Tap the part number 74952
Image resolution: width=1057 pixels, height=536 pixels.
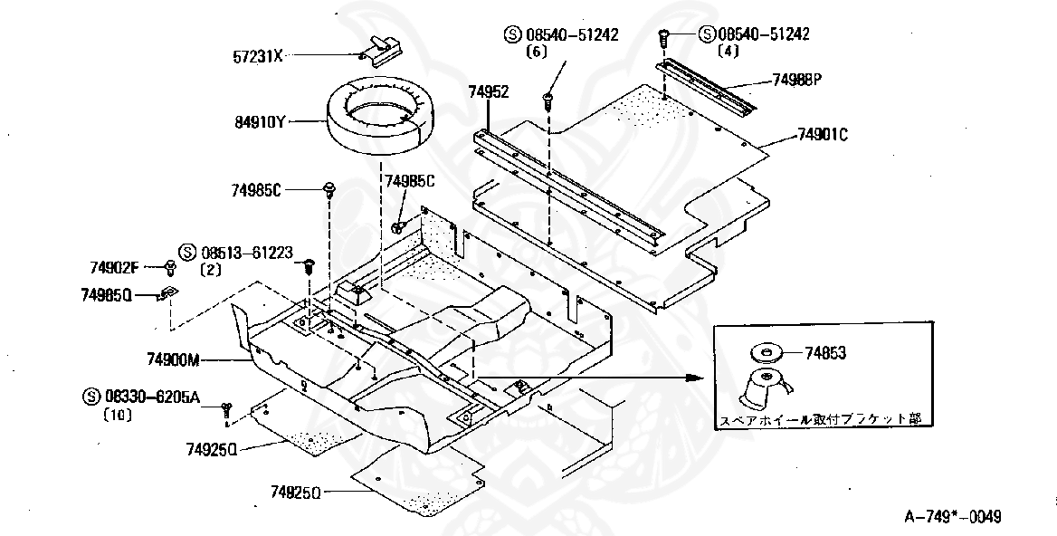[x=489, y=91]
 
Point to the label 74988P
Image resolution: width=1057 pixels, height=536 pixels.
[x=796, y=79]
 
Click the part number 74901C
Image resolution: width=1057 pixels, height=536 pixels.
[x=822, y=135]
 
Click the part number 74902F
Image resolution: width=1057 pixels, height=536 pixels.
[x=114, y=267]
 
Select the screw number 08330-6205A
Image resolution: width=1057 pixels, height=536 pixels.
[x=153, y=396]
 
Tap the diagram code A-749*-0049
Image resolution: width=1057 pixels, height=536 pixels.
[x=954, y=516]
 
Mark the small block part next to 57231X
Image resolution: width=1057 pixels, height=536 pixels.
[x=382, y=45]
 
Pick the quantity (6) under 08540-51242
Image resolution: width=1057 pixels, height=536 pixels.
[x=538, y=53]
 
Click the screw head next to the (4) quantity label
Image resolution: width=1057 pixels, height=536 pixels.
[x=664, y=36]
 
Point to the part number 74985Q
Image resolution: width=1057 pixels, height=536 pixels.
[x=107, y=294]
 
